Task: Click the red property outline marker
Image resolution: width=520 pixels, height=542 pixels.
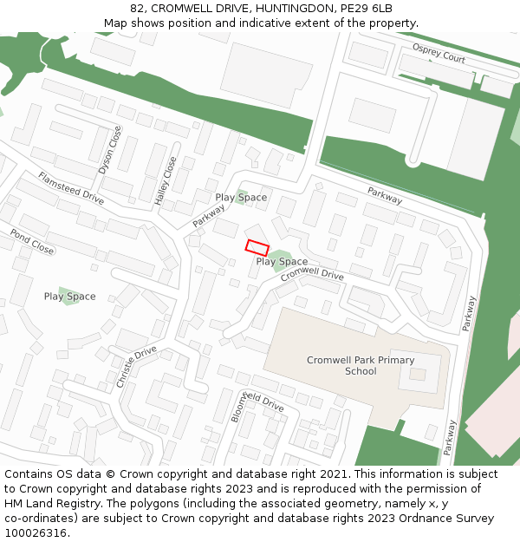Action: point(257,247)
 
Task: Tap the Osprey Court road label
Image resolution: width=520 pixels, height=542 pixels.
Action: point(439,54)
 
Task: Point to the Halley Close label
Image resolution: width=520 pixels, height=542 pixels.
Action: point(166,180)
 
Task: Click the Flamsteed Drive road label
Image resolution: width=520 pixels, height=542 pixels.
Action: point(70,187)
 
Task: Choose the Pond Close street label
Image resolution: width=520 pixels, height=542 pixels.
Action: point(32,241)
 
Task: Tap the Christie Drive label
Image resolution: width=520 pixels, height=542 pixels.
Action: point(135,366)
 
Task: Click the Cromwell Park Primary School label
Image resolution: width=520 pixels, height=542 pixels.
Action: point(361,365)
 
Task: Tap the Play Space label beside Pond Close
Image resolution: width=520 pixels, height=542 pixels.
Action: point(69,297)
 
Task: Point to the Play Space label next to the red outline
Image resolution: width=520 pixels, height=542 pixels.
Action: point(282,261)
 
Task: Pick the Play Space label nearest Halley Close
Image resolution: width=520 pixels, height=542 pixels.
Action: point(241,198)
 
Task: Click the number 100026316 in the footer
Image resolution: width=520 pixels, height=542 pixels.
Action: point(36,532)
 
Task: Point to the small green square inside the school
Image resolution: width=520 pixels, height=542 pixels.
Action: point(418,374)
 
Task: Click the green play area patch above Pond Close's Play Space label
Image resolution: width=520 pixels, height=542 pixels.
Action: point(68,291)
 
